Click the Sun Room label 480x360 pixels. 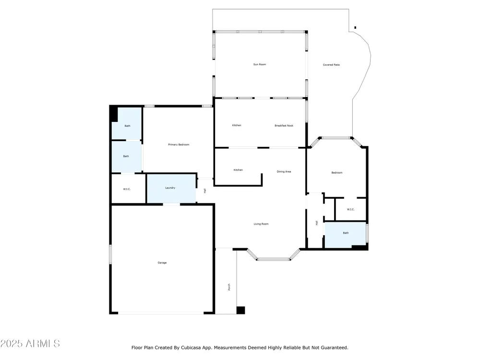pyautogui.click(x=260, y=64)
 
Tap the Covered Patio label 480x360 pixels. pyautogui.click(x=331, y=65)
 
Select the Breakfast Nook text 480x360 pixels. pyautogui.click(x=284, y=125)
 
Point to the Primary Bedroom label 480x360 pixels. pyautogui.click(x=179, y=144)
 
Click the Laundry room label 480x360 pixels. pyautogui.click(x=170, y=188)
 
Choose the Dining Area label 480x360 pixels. pyautogui.click(x=284, y=171)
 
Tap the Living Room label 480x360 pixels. pyautogui.click(x=261, y=224)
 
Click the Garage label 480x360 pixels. pyautogui.click(x=162, y=263)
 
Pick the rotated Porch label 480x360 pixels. pyautogui.click(x=229, y=287)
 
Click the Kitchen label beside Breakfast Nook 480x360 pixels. pyautogui.click(x=237, y=125)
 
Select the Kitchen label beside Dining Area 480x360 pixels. pyautogui.click(x=238, y=170)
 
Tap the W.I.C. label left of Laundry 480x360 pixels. pyautogui.click(x=127, y=189)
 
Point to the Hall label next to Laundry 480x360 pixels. pyautogui.click(x=205, y=191)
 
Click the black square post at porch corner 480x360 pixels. pyautogui.click(x=240, y=310)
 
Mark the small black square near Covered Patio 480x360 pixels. pyautogui.click(x=355, y=28)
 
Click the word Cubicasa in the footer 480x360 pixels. pyautogui.click(x=191, y=348)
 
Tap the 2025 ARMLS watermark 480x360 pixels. pyautogui.click(x=30, y=344)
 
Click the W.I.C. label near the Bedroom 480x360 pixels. pyautogui.click(x=350, y=209)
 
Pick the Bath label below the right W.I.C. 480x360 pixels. pyautogui.click(x=346, y=233)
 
